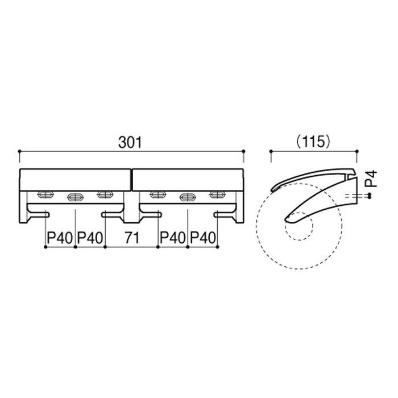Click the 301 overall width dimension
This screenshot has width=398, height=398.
(x=130, y=143)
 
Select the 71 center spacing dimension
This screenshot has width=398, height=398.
(x=132, y=238)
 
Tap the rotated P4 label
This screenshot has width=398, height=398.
(x=372, y=179)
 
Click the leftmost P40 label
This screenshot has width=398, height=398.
(x=60, y=238)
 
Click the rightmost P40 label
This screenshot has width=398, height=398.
(x=203, y=238)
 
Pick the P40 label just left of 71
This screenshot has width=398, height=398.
(x=90, y=238)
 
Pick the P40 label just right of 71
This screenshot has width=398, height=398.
(x=173, y=238)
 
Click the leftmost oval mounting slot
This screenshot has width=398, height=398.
(x=45, y=194)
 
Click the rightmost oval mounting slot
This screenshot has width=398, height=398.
(x=218, y=194)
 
